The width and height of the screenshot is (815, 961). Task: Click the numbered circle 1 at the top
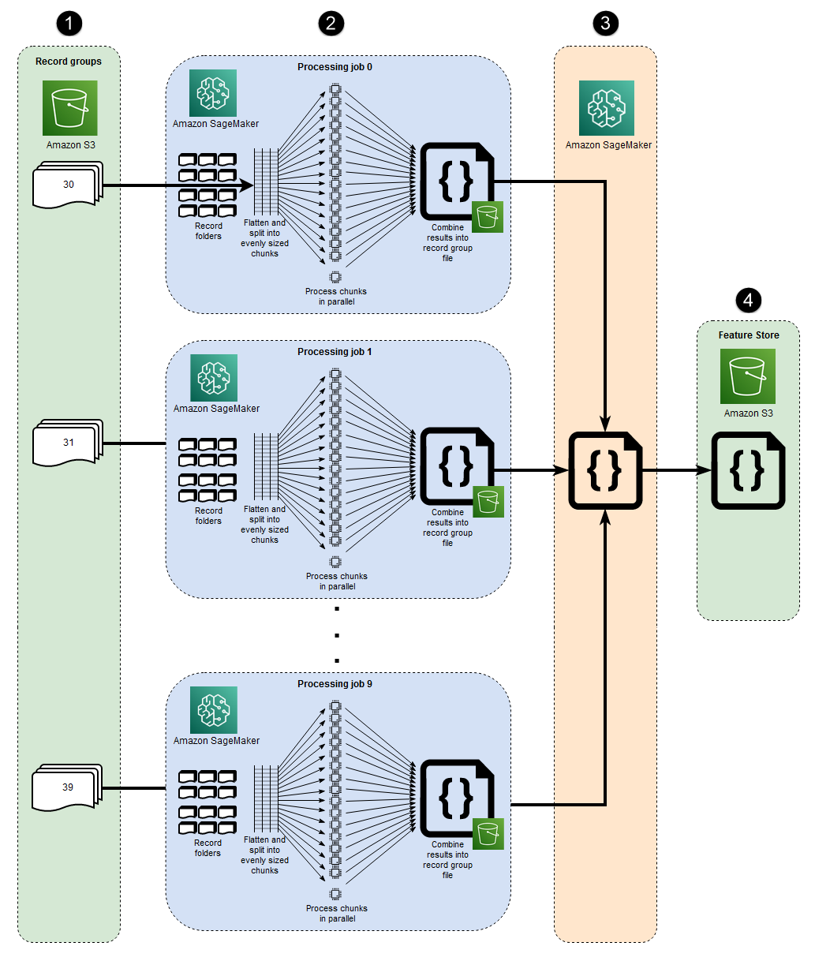pyautogui.click(x=69, y=24)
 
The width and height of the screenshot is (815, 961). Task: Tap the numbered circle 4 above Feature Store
pyautogui.click(x=748, y=300)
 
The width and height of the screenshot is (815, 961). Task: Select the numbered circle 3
pyautogui.click(x=605, y=24)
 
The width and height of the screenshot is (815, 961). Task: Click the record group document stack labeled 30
pyautogui.click(x=68, y=185)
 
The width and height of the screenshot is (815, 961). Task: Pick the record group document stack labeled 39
pyautogui.click(x=67, y=787)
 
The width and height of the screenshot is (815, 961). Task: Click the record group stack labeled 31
pyautogui.click(x=68, y=443)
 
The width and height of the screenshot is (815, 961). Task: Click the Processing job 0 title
pyautogui.click(x=335, y=67)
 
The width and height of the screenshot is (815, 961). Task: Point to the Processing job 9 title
pyautogui.click(x=335, y=684)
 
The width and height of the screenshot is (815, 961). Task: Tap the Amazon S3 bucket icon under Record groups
pyautogui.click(x=70, y=108)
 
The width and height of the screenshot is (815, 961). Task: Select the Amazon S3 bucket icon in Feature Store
pyautogui.click(x=748, y=376)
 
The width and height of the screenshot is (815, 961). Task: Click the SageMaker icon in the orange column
pyautogui.click(x=607, y=108)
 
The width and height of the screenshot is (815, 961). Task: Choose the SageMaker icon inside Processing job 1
pyautogui.click(x=214, y=378)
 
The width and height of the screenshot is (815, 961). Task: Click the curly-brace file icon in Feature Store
pyautogui.click(x=748, y=470)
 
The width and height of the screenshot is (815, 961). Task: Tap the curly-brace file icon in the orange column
pyautogui.click(x=605, y=470)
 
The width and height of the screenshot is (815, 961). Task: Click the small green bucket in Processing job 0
pyautogui.click(x=488, y=217)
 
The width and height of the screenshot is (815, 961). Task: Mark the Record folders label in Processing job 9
pyautogui.click(x=208, y=848)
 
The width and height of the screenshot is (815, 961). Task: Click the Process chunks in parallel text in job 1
pyautogui.click(x=337, y=581)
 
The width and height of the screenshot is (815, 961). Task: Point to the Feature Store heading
pyautogui.click(x=748, y=335)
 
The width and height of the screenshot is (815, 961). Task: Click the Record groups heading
pyautogui.click(x=69, y=62)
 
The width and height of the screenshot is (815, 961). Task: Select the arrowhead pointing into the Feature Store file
pyautogui.click(x=706, y=470)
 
